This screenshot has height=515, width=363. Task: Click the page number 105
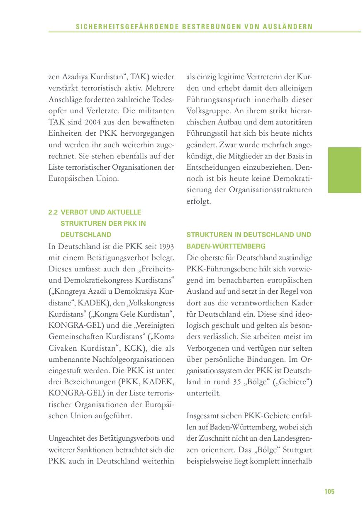329,492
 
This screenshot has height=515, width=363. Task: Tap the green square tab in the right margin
344,170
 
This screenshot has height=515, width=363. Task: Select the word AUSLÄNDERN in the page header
288,27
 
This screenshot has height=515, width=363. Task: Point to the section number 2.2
53,212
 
